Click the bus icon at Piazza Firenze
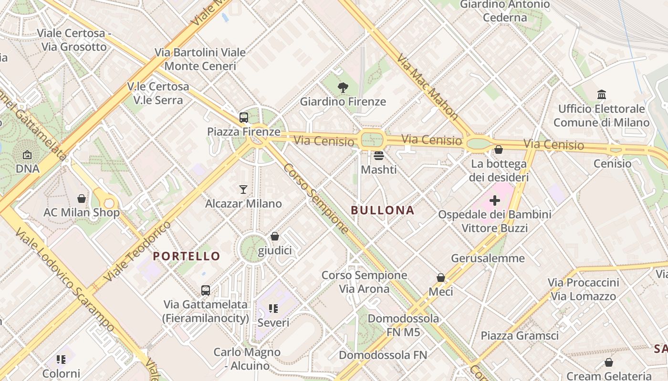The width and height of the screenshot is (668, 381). [x=244, y=117]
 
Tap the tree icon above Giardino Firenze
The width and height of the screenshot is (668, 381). [x=343, y=87]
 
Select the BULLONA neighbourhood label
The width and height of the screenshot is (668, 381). [x=383, y=211]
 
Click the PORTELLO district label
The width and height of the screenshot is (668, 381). [x=187, y=256]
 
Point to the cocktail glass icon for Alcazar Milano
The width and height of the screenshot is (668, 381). [x=243, y=190]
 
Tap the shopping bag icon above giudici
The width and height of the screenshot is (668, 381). [x=275, y=236]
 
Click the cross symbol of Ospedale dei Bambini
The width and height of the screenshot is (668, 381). [x=495, y=201]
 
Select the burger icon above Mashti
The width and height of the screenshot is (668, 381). [x=379, y=155]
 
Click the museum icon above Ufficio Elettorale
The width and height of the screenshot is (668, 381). [x=601, y=95]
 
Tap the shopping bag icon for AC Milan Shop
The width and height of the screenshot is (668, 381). [x=82, y=198]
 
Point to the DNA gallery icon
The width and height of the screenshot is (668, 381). [x=27, y=155]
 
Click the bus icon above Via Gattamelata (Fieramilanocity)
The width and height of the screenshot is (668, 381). [x=206, y=290]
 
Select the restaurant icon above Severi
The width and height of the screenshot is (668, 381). [x=273, y=309]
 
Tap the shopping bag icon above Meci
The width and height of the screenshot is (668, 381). [x=441, y=277]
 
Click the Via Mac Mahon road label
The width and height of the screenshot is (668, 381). [x=428, y=89]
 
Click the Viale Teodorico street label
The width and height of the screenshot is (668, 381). [x=137, y=251]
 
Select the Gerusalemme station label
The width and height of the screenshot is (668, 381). [x=488, y=259]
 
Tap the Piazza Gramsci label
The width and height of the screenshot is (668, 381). [x=519, y=336]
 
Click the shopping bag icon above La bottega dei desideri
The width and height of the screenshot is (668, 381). [x=499, y=150]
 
